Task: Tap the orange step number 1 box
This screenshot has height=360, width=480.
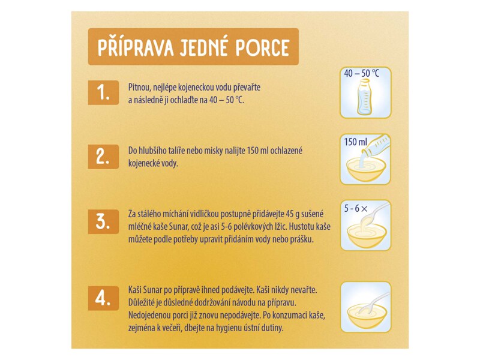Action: [103, 92]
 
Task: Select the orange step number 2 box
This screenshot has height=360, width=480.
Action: [103, 157]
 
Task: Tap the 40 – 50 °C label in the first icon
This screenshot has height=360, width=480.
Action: [363, 73]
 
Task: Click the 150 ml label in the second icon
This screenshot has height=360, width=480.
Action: [355, 142]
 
